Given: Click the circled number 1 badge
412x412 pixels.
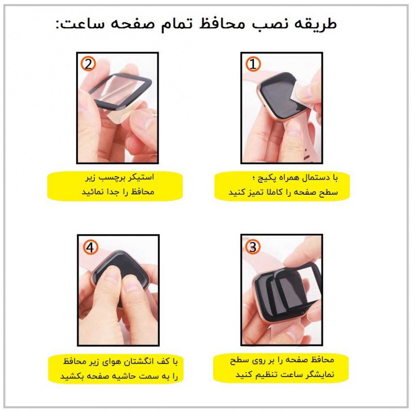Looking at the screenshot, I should click(x=252, y=64).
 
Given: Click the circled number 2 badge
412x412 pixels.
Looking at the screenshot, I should click(x=89, y=64).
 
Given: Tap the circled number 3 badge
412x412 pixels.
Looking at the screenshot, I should click(x=252, y=248).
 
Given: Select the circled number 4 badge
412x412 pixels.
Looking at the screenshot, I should click(x=90, y=248).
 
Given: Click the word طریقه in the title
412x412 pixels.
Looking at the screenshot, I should click(x=318, y=24).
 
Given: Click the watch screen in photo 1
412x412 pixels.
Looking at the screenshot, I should click(x=279, y=95).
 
